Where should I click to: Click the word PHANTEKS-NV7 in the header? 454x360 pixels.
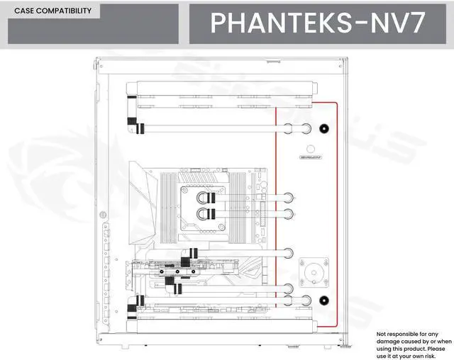318,23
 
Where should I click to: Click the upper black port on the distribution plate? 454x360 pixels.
324,128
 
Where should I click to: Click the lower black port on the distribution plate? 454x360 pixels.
324,299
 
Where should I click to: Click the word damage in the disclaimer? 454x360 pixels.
390,341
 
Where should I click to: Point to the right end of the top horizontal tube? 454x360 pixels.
305,128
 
